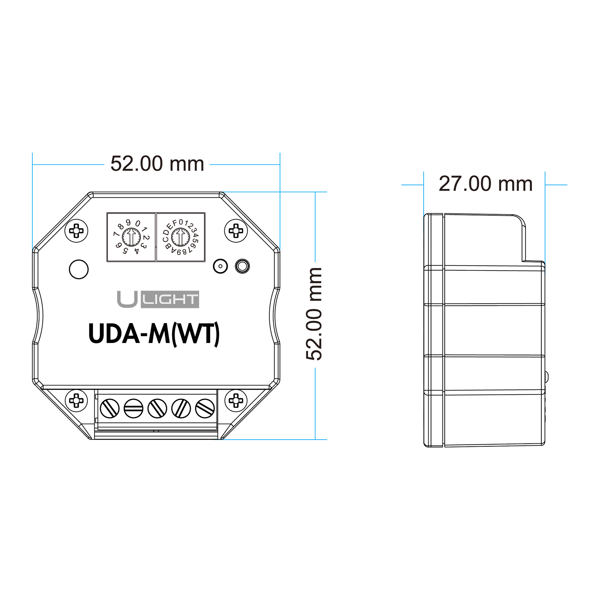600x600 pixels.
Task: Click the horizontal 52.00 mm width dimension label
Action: coord(157,164)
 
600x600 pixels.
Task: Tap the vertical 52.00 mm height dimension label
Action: coord(314,314)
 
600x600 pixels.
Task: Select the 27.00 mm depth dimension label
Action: coord(485,184)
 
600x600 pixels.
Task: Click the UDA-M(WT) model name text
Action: coord(154,334)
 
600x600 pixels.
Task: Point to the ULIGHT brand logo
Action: coord(158,299)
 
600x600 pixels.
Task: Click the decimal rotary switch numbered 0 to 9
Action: coord(131,237)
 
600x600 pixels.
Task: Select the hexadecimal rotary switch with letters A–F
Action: coord(181,237)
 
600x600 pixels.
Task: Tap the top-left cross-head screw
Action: coord(76,231)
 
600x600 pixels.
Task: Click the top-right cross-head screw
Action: coord(236,231)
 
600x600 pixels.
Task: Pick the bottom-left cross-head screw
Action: coord(76,400)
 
